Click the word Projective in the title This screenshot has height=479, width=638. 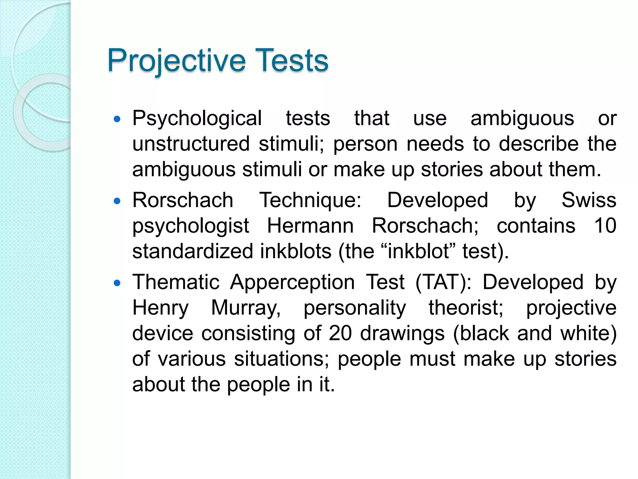click(176, 60)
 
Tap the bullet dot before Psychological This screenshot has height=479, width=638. click(117, 119)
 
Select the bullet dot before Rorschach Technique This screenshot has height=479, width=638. click(117, 201)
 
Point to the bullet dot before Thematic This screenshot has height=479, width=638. click(117, 283)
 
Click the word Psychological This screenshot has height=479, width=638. click(197, 119)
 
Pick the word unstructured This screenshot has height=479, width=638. click(191, 144)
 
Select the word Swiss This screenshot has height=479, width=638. click(589, 200)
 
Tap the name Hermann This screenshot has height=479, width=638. click(310, 226)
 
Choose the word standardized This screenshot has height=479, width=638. click(193, 251)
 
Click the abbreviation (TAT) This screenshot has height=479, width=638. click(443, 282)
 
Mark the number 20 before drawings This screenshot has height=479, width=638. click(340, 333)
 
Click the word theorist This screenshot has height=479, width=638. click(466, 308)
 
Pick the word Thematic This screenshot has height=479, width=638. click(176, 282)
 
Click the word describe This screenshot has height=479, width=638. click(539, 144)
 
